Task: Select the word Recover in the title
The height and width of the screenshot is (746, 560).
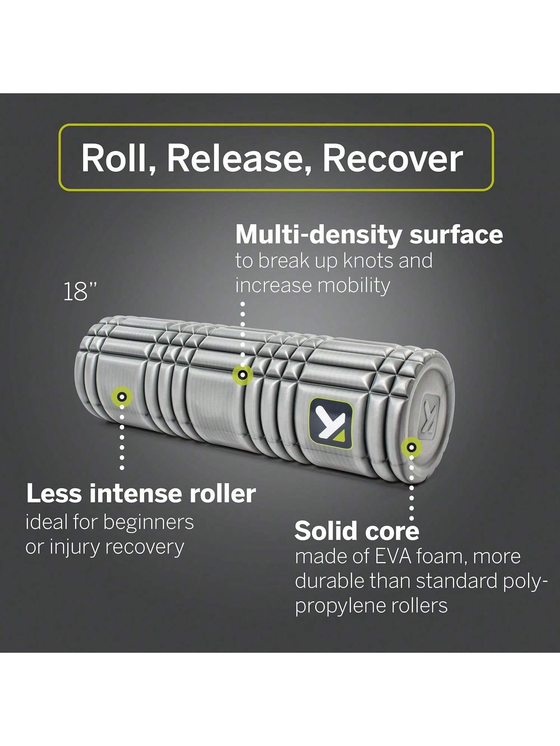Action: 392,158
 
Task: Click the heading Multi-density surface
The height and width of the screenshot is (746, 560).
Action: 369,235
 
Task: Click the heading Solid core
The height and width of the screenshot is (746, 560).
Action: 357,531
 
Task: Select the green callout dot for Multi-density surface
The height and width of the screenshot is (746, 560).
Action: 243,374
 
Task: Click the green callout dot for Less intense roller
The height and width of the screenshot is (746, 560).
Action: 121,396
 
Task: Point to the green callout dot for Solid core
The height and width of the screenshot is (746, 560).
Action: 411,446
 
